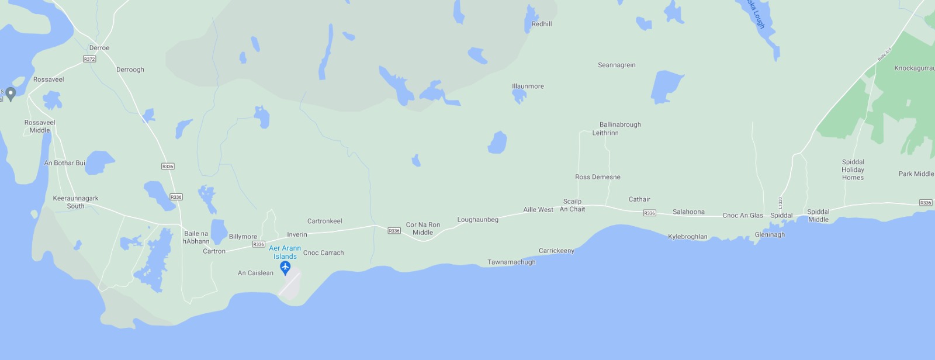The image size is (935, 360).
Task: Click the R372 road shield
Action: [x=89, y=59]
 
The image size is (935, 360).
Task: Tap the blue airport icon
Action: [x=285, y=268]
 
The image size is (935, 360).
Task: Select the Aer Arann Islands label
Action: [x=285, y=252]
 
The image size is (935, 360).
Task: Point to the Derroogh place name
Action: [x=130, y=70]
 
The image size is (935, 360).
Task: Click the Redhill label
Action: [x=542, y=24]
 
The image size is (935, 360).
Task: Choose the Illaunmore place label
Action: [x=528, y=86]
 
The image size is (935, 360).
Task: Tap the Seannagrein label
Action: [x=617, y=65]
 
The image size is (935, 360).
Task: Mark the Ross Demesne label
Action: [x=598, y=177]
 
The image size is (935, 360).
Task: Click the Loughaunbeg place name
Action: [x=477, y=220]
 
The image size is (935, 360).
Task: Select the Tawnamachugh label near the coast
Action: [x=511, y=262]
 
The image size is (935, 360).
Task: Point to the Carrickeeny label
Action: [x=556, y=251]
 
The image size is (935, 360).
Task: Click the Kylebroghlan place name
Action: [x=687, y=237]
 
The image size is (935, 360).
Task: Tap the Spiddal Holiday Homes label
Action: [x=853, y=170]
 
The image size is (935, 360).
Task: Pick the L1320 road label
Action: [x=780, y=203]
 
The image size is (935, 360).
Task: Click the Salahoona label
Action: [x=688, y=212]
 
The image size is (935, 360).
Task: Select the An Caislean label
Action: [x=255, y=273]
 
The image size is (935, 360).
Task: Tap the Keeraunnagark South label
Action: [x=75, y=202]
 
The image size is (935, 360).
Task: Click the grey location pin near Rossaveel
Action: [x=11, y=94]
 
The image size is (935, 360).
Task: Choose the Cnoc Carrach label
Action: [x=323, y=253]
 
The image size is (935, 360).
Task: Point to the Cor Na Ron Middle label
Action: [x=423, y=229]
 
